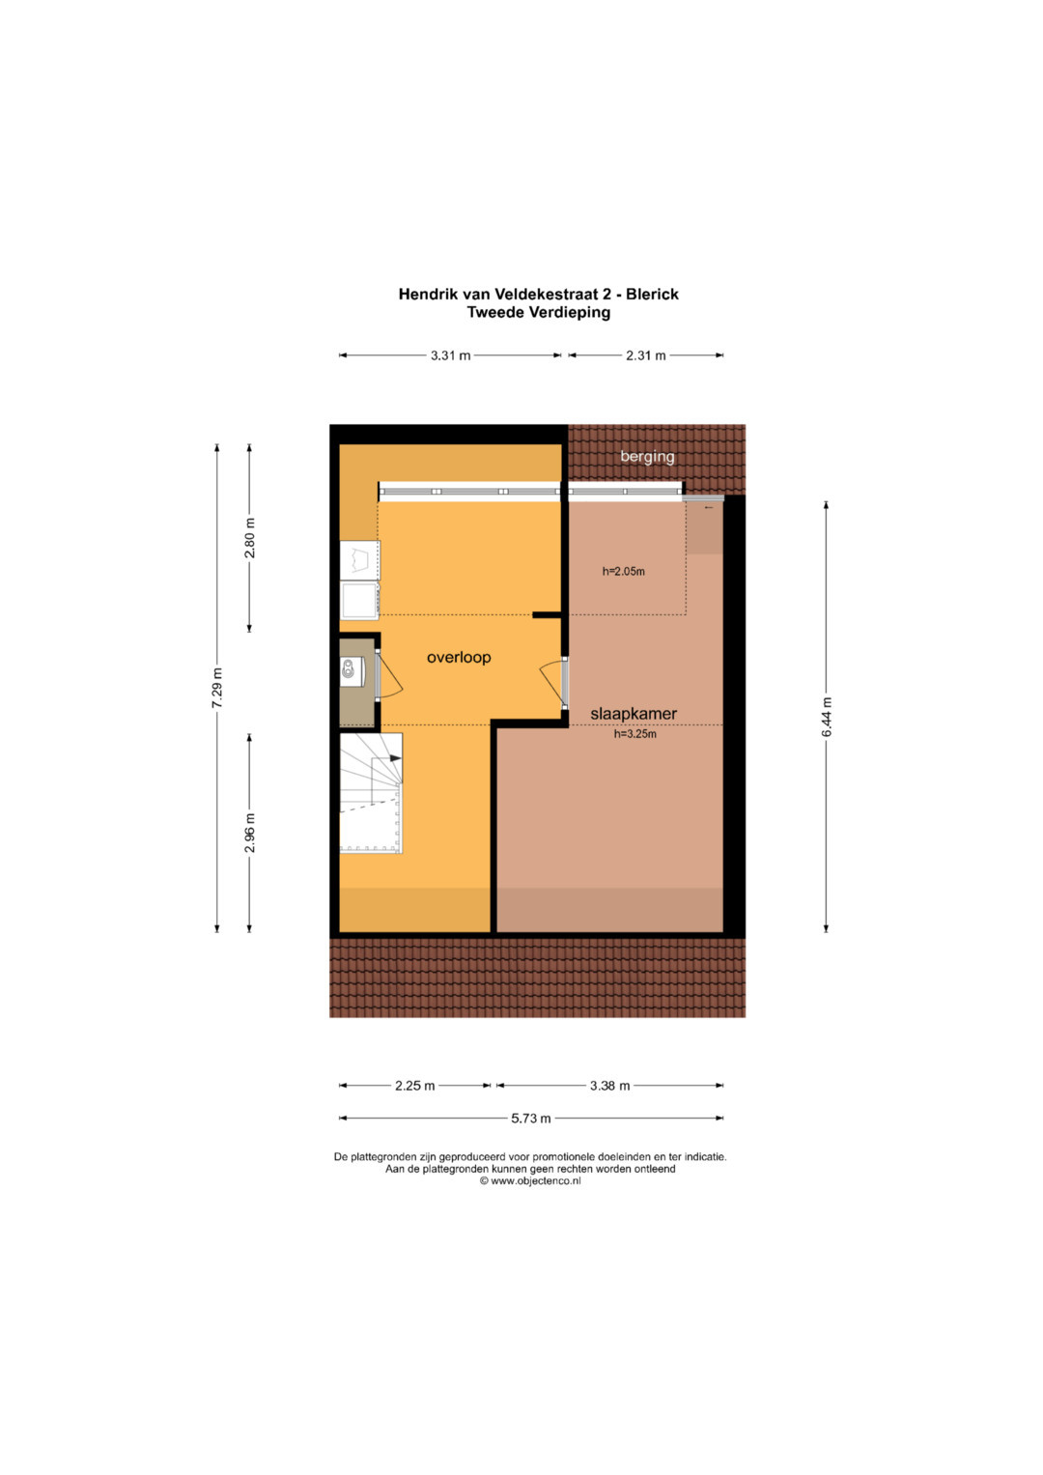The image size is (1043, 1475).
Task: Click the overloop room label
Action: point(459,657)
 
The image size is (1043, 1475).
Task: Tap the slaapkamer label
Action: point(633,714)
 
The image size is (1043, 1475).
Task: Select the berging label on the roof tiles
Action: point(647,456)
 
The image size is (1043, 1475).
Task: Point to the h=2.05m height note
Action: point(623,572)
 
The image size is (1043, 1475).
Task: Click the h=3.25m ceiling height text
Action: point(634,733)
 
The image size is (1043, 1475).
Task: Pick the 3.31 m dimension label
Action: point(450,355)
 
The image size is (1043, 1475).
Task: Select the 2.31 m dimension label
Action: point(645,355)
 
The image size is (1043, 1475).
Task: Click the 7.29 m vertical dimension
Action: point(216,688)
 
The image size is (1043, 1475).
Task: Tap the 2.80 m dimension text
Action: point(249,538)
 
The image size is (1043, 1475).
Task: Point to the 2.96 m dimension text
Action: point(249,833)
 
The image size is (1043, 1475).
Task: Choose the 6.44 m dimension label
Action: point(827,717)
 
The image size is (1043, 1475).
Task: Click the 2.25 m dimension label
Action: point(415,1085)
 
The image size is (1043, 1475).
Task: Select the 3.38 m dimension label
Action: point(609,1085)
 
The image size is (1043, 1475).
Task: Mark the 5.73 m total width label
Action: point(531,1119)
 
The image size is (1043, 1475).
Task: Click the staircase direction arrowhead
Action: point(396,758)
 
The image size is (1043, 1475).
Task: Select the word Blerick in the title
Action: point(652,295)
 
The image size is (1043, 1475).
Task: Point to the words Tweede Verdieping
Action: point(539,313)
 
